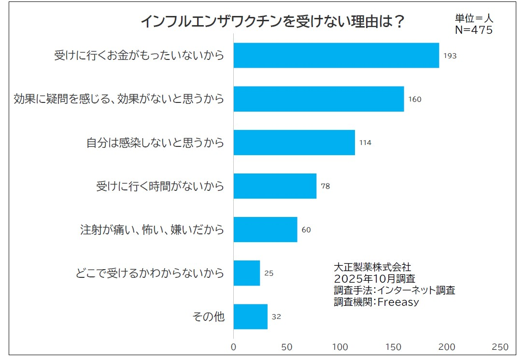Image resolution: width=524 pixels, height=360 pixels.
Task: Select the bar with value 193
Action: (336, 56)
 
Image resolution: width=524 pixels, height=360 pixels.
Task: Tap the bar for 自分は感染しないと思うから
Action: (294, 143)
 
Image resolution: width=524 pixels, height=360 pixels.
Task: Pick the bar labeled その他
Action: (250, 317)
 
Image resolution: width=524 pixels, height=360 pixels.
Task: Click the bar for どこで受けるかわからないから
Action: (247, 273)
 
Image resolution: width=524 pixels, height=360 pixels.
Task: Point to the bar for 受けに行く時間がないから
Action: (275, 186)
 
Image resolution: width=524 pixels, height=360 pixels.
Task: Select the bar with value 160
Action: (319, 99)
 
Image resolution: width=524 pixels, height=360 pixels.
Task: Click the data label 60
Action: (306, 230)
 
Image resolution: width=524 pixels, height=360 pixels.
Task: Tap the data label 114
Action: (365, 143)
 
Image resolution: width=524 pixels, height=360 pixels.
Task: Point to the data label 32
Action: (276, 317)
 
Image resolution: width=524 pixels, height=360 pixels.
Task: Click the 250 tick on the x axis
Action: (500, 347)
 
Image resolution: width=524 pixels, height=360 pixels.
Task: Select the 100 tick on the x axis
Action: (340, 347)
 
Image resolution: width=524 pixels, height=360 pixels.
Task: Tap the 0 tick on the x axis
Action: (234, 347)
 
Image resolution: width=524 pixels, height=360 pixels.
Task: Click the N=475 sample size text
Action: (474, 30)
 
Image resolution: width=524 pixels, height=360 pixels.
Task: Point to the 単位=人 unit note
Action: (474, 19)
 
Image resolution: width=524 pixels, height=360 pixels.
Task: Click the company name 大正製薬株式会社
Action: (372, 267)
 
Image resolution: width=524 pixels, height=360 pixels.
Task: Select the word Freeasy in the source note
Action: (398, 302)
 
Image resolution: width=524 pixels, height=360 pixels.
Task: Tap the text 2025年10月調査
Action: (374, 279)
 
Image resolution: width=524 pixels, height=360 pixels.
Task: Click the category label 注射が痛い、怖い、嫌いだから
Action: (152, 230)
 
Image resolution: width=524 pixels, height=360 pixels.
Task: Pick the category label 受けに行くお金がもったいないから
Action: (139, 56)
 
